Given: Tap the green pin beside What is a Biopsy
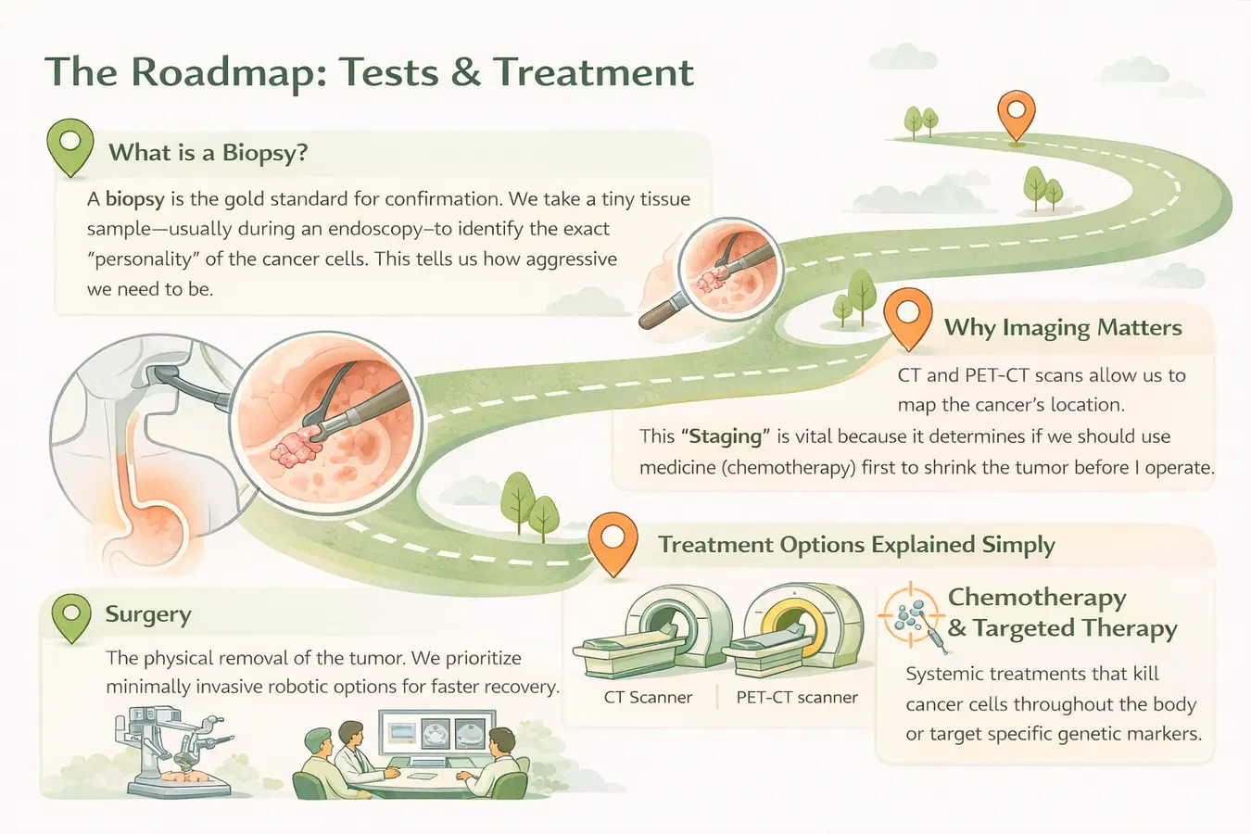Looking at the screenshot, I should [x=69, y=146].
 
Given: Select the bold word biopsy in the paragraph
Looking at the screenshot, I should [x=135, y=198].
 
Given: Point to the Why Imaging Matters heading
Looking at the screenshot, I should [x=1063, y=327].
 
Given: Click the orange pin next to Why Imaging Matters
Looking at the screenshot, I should [x=908, y=317].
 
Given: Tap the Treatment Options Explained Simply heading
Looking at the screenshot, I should [x=856, y=545].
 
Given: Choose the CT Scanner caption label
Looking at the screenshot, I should [x=648, y=698].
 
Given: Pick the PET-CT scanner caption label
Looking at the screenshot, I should [x=797, y=698].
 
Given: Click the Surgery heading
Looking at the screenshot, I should [x=148, y=614].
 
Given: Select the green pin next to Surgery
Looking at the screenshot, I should [x=71, y=616].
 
